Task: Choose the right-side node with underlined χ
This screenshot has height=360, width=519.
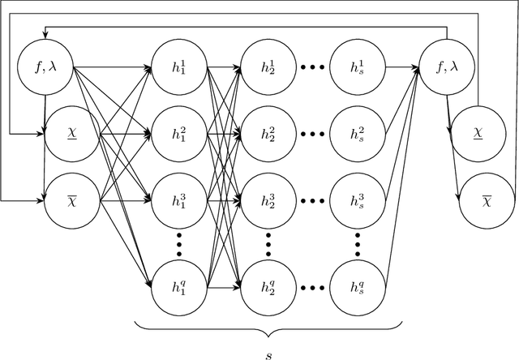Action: pos(478,131)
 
